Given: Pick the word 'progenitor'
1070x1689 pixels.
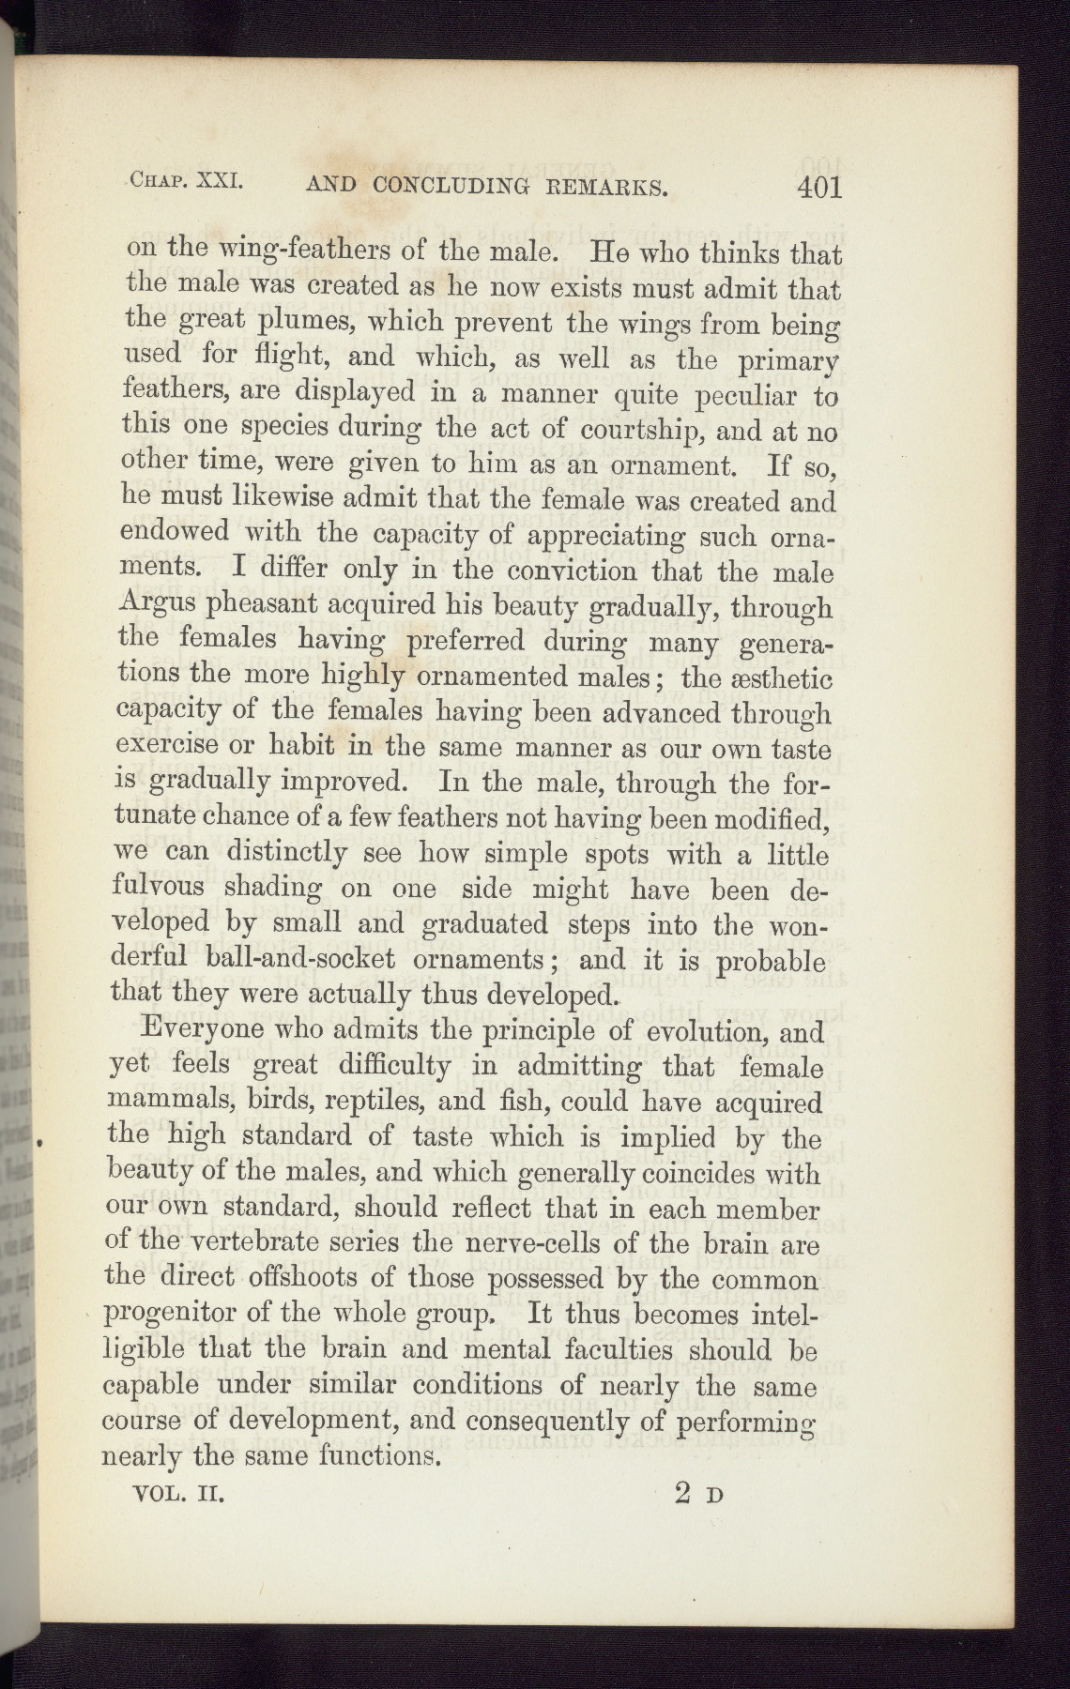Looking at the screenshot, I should coord(183,1315).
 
